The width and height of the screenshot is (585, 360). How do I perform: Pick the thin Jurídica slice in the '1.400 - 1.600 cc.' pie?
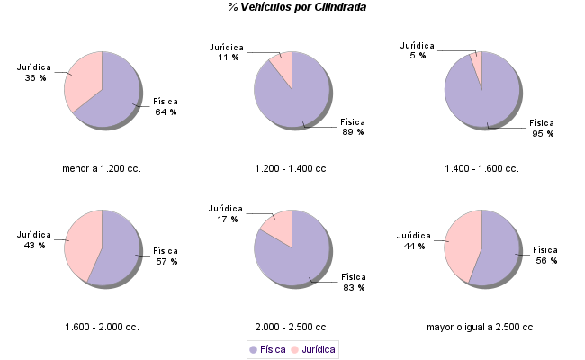point(477,67)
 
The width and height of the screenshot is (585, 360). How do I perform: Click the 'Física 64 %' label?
point(166,107)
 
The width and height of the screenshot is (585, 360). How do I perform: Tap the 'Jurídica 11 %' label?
point(226,51)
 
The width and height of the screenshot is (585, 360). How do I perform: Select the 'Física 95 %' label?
point(542,128)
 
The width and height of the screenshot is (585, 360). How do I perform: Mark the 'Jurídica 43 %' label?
point(34,239)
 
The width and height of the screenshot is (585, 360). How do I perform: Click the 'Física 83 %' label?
point(353,282)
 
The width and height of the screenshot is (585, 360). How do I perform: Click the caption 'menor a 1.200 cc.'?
point(102,168)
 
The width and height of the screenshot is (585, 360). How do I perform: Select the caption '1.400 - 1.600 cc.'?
point(481,168)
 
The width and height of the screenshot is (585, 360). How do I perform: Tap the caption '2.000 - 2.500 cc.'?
point(292,327)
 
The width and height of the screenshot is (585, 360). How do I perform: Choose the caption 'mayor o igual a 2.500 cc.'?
point(481,327)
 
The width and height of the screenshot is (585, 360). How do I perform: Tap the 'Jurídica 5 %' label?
point(417,49)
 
